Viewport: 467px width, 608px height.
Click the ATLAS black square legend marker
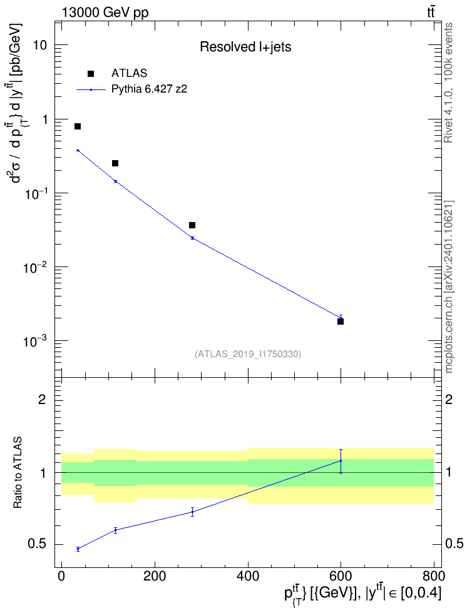click(x=91, y=74)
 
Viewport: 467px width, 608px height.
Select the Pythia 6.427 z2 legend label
click(x=149, y=89)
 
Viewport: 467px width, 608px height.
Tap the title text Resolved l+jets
click(x=245, y=47)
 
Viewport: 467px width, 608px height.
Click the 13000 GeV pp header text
click(x=105, y=13)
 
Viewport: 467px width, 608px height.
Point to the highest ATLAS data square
click(x=78, y=126)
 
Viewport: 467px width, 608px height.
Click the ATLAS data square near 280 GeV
click(x=192, y=225)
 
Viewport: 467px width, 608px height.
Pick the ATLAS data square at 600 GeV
click(x=341, y=322)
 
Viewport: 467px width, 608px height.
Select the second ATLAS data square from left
click(x=115, y=163)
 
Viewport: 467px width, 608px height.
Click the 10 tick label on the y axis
click(x=39, y=45)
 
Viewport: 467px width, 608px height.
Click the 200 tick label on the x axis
click(x=155, y=576)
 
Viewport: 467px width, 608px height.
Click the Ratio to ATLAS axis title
click(x=18, y=472)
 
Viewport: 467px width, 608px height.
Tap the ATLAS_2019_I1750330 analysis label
click(x=248, y=354)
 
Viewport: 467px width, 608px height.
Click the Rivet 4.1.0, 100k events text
click(x=448, y=83)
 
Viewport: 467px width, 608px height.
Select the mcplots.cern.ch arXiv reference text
click(x=449, y=286)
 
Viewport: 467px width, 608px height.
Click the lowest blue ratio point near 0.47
click(x=78, y=549)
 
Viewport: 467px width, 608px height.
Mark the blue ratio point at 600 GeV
click(x=341, y=460)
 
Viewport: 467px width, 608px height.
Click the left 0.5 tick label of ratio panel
click(x=37, y=544)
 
